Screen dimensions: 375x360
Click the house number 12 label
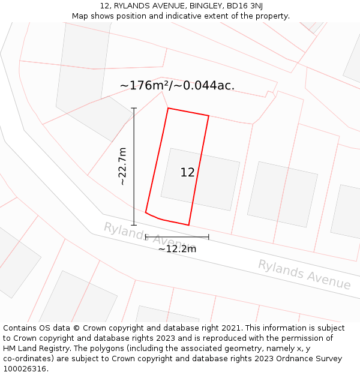[x=187, y=173]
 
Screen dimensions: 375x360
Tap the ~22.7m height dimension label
[x=122, y=167]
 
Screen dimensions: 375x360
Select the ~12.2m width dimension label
[x=177, y=249]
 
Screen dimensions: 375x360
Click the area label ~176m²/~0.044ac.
[x=177, y=86]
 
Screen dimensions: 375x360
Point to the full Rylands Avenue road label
[x=304, y=274]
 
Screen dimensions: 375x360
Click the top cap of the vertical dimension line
[x=134, y=109]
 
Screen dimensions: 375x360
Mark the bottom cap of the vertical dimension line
[x=134, y=225]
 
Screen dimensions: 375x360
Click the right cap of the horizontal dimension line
[x=209, y=237]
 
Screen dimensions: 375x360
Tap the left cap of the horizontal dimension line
[x=146, y=237]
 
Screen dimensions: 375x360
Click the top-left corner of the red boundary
[x=168, y=109]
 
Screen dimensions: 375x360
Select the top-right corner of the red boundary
[x=209, y=116]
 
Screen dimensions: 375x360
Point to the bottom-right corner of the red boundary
[x=189, y=225]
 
